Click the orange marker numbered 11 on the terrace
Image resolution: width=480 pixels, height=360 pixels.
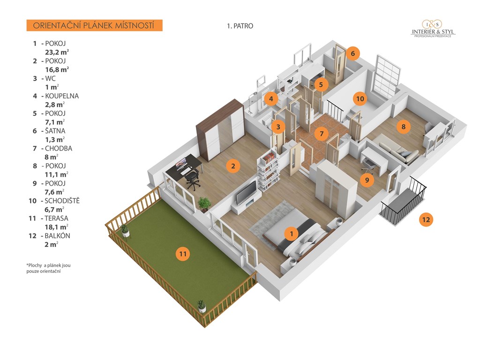point(183,254)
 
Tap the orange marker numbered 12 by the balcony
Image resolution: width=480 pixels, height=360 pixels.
point(426,219)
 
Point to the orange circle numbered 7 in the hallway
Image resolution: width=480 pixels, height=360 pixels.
point(322,134)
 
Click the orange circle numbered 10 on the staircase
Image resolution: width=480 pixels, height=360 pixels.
point(360,99)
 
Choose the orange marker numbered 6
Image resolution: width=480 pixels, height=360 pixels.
point(352,53)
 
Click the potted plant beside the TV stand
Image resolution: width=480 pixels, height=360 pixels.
point(204,204)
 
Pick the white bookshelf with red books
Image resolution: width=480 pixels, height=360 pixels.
point(269,170)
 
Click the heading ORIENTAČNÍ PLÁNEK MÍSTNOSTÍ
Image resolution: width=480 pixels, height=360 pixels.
point(94,25)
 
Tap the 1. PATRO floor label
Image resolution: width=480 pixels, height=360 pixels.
point(240,26)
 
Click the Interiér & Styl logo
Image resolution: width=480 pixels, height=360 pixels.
point(432,30)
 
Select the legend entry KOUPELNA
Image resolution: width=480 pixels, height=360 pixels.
point(62,96)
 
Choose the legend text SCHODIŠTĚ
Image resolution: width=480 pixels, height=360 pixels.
point(63,201)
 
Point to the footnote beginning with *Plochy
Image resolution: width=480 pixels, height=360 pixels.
point(48,268)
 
